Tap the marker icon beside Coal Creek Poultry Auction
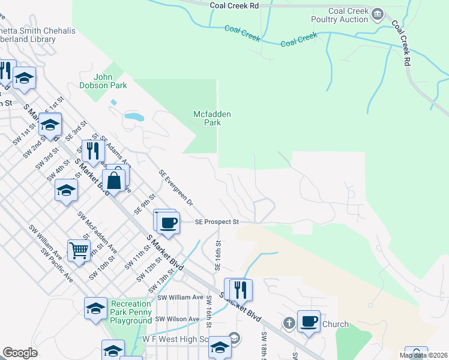[378, 14]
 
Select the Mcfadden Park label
[212, 118]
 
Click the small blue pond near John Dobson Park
[133, 116]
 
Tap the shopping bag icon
[114, 179]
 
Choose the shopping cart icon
[79, 250]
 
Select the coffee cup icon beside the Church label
[309, 321]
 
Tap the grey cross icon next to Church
[289, 323]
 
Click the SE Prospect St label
[217, 222]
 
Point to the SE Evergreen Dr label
[176, 188]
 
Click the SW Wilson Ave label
[178, 319]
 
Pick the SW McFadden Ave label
[97, 231]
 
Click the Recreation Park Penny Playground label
[131, 313]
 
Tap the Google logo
[20, 353]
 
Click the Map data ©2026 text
[423, 355]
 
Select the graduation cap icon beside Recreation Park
[95, 308]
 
